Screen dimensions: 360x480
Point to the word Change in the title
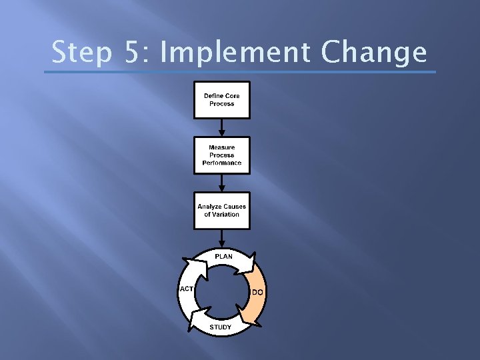pos(375,53)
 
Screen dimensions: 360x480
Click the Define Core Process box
pos(221,100)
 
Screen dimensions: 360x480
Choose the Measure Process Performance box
pos(221,155)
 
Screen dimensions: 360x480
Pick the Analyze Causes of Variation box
pos(221,211)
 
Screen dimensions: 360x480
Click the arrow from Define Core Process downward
pos(221,127)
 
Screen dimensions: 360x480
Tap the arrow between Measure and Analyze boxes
pos(221,183)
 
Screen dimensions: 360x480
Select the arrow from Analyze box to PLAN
pos(221,238)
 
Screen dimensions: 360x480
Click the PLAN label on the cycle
pos(223,256)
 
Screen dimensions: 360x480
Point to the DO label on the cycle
pos(257,293)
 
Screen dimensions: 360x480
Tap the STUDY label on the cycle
pos(221,327)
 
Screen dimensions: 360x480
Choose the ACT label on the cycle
pos(186,289)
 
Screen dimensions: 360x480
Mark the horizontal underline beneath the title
pos(244,72)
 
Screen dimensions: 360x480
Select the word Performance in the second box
pos(222,163)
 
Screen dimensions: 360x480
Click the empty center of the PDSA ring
pos(221,292)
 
